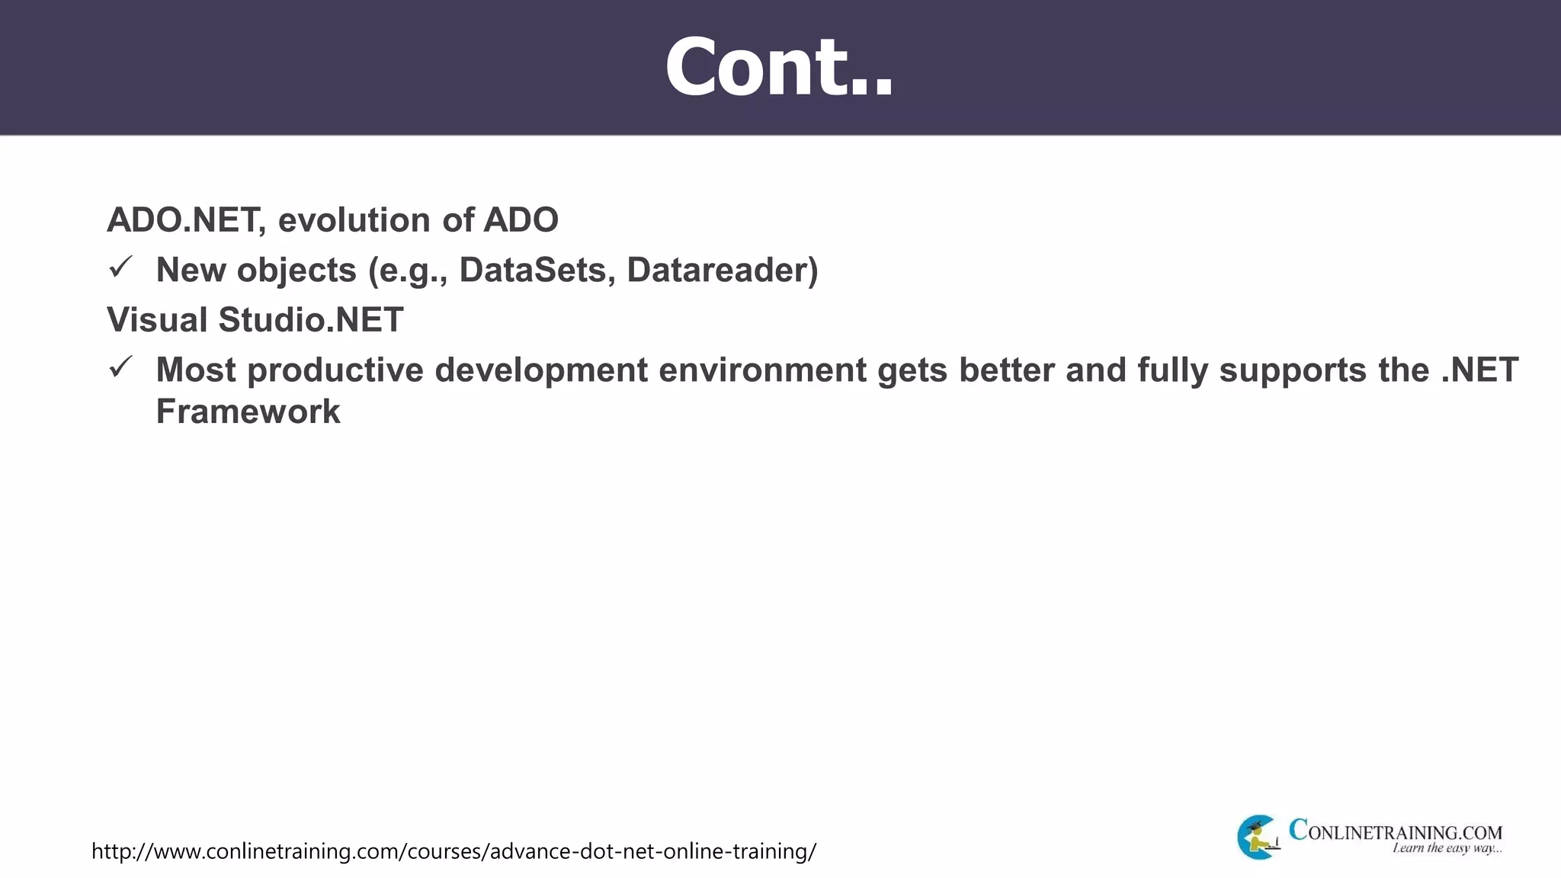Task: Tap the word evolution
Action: [354, 220]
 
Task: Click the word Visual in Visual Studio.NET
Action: [157, 320]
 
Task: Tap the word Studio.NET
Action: [311, 320]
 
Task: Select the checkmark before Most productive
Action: [120, 367]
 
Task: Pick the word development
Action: [540, 370]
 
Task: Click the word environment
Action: [762, 370]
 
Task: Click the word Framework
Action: [248, 412]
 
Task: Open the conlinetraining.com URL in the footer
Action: [454, 851]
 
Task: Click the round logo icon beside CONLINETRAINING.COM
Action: [1258, 837]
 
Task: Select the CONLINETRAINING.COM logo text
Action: [1395, 831]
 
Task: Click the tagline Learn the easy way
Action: [1447, 848]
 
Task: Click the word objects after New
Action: [296, 271]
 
